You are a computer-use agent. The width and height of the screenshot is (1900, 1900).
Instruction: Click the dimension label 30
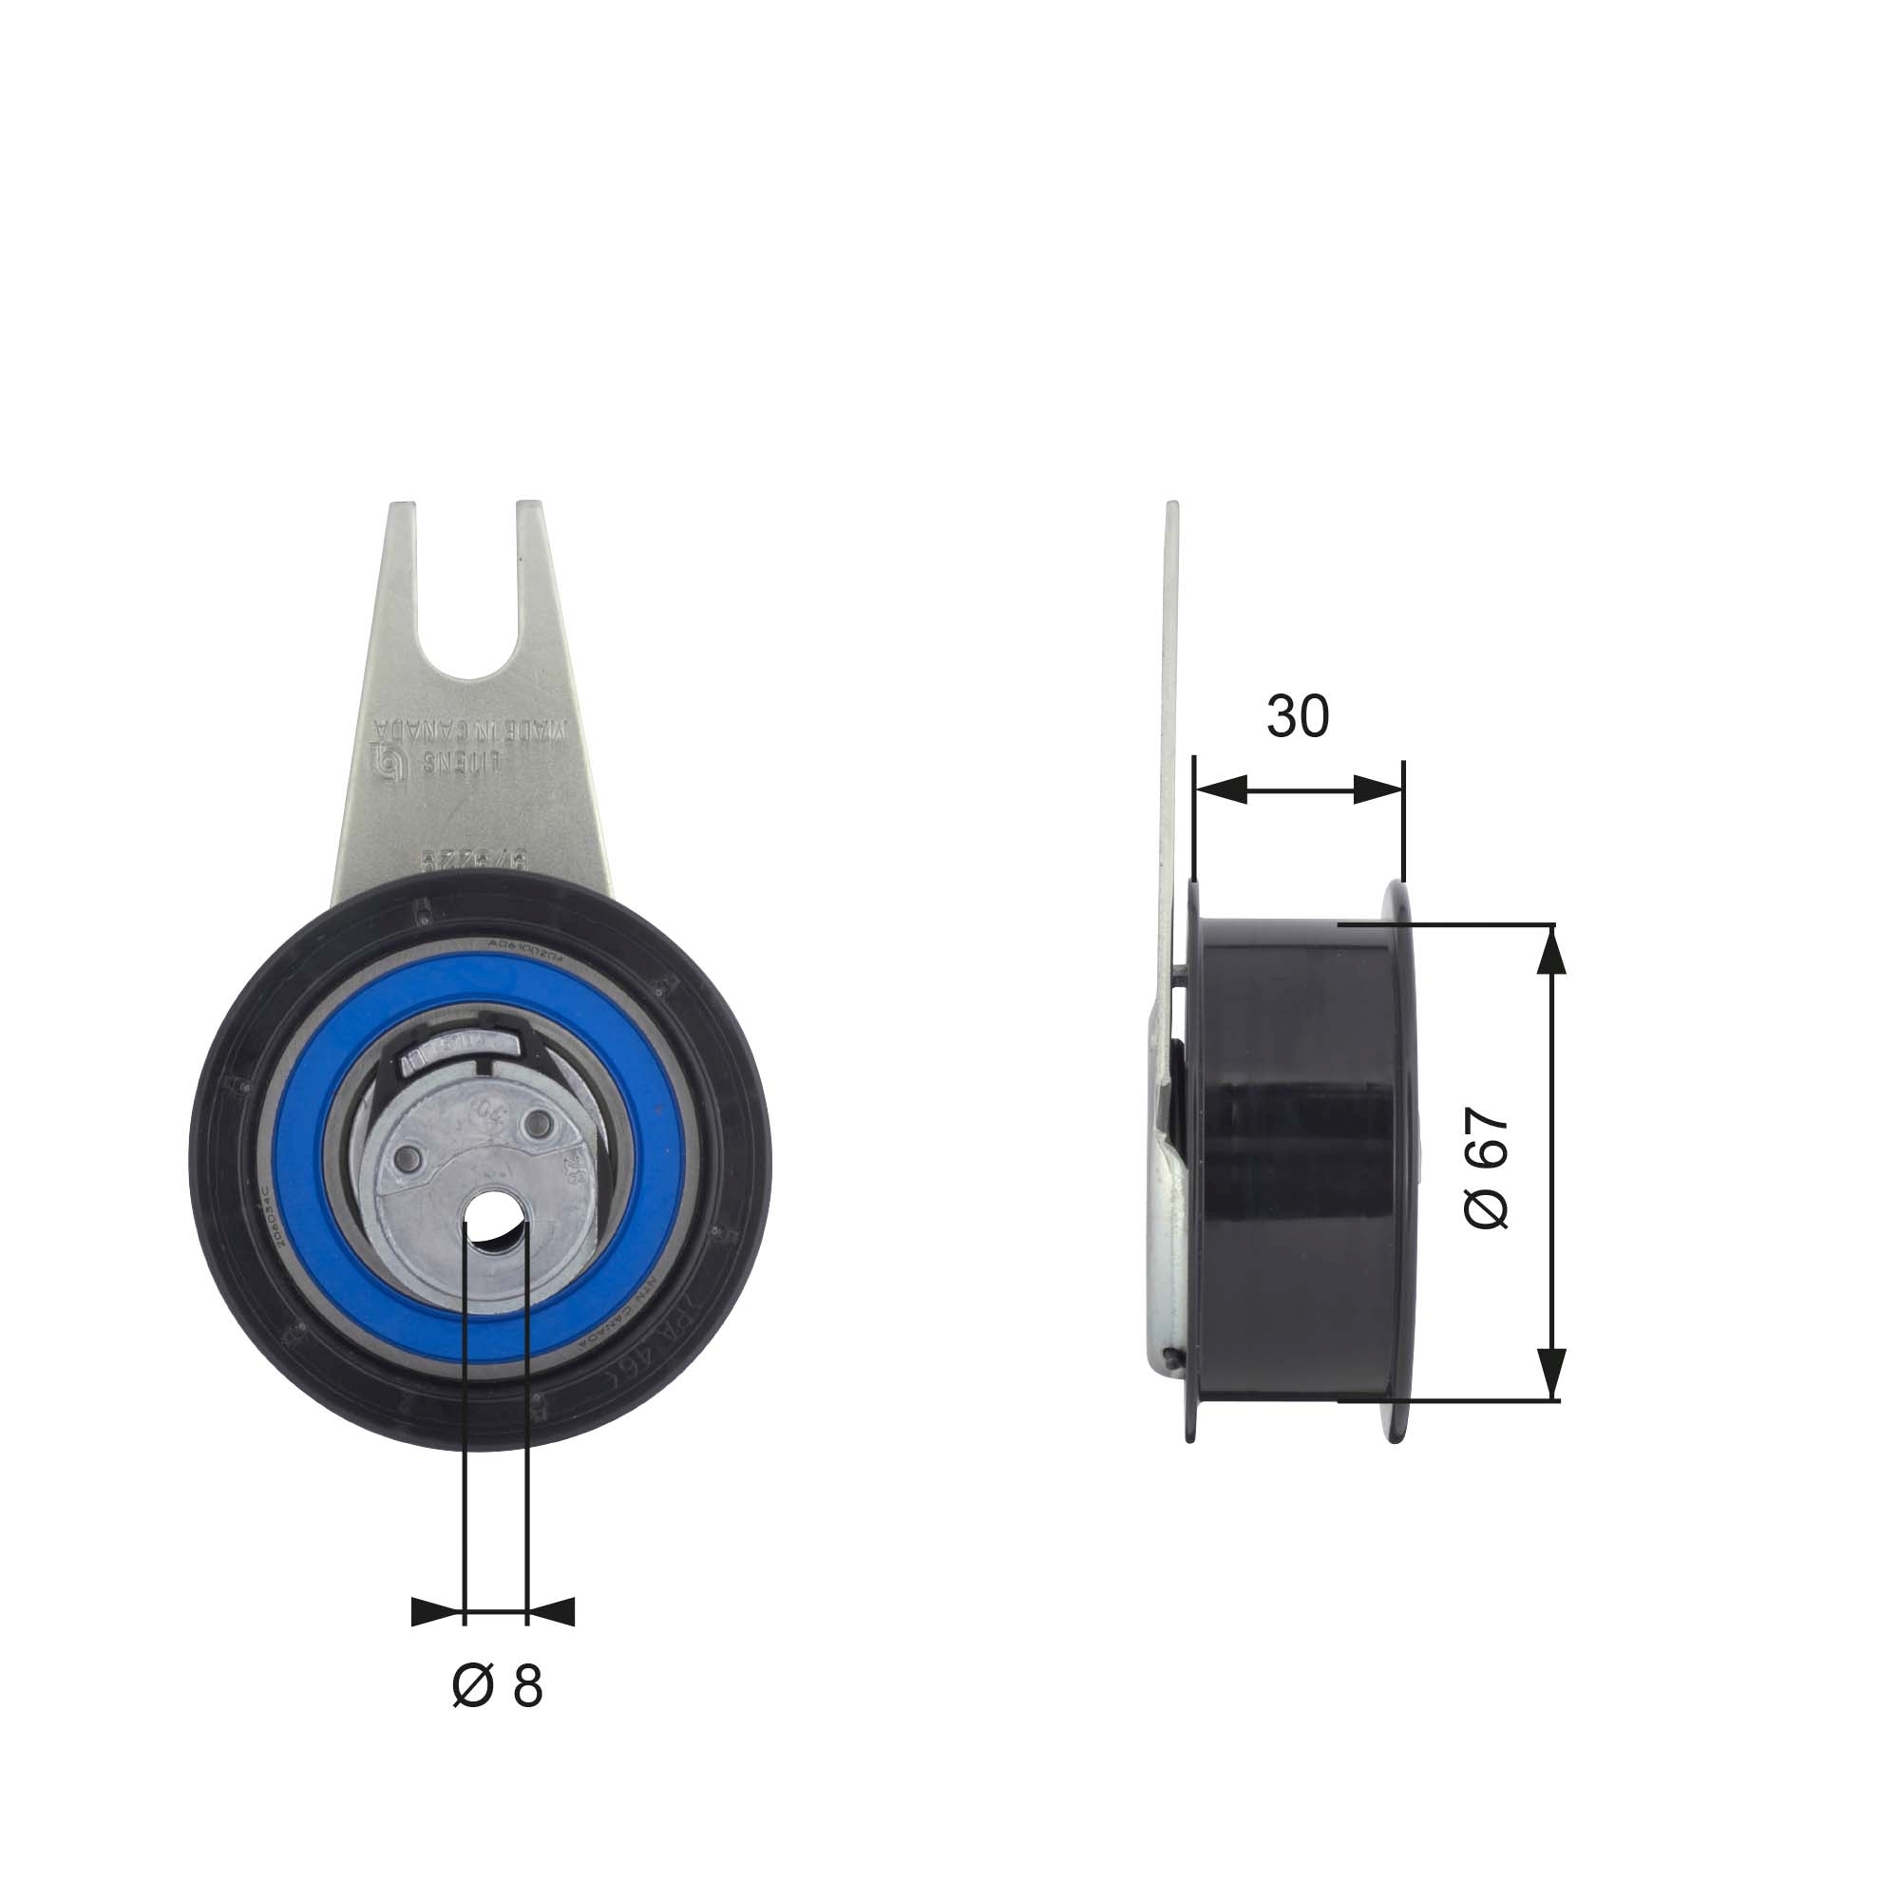1297,716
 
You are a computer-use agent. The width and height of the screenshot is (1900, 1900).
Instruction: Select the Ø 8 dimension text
498,1686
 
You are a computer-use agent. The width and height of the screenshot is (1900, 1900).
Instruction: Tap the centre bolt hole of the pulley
496,1225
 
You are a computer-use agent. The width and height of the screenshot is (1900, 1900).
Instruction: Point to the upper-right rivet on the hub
538,1124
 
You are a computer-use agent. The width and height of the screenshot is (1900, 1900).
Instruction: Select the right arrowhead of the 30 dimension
1377,788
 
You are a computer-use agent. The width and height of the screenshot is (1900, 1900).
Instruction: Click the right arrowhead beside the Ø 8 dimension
552,1612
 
